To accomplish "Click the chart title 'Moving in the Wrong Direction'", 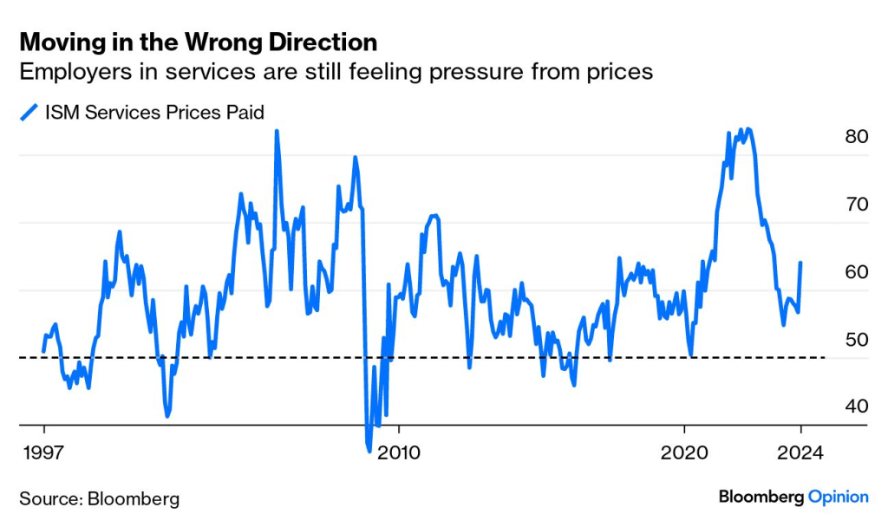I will tap(198, 42).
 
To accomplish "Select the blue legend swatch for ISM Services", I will tap(29, 111).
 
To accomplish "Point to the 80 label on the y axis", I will tap(855, 137).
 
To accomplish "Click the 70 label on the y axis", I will tap(855, 205).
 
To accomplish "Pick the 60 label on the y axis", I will tap(855, 272).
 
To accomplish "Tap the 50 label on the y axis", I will tap(855, 340).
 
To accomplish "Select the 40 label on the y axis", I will tap(855, 407).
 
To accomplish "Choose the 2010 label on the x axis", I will tap(398, 452).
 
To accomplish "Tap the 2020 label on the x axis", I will tap(685, 452).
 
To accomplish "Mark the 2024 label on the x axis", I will tap(802, 452).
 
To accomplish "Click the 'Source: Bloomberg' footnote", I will tap(100, 498).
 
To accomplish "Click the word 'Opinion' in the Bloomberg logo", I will tap(838, 497).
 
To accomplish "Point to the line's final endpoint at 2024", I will tap(800, 263).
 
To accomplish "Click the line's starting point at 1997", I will tap(43, 351).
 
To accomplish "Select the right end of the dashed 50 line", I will tap(824, 357).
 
